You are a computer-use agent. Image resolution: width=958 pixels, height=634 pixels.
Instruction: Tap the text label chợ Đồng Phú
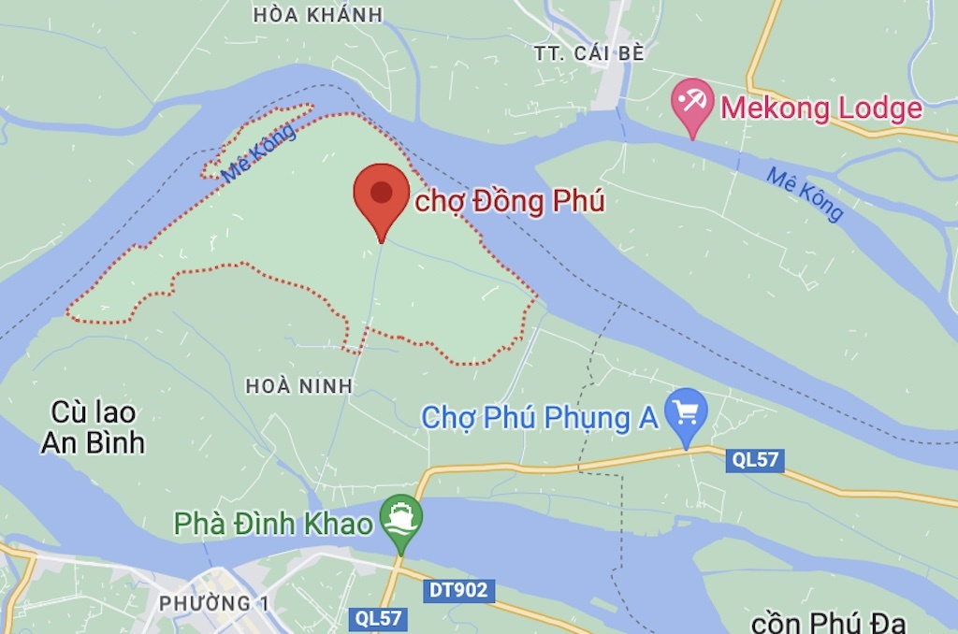tap(510, 201)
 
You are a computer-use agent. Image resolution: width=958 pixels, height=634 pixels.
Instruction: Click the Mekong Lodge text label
tap(820, 108)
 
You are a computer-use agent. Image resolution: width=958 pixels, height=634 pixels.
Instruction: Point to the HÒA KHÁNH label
tap(318, 14)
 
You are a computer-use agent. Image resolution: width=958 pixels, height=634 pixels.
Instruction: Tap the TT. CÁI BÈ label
tap(589, 53)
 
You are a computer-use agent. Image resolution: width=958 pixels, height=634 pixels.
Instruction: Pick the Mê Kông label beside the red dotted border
tap(260, 151)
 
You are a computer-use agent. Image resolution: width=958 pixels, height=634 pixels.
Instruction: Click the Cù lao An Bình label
tap(93, 427)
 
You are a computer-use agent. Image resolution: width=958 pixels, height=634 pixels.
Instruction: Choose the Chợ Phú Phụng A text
tap(540, 418)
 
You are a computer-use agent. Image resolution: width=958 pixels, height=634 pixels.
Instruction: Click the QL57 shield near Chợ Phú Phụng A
tap(755, 459)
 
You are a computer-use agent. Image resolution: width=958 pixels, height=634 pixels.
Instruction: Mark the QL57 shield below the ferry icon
tap(378, 618)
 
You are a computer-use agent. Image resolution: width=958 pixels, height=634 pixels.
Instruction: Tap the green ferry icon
tap(401, 519)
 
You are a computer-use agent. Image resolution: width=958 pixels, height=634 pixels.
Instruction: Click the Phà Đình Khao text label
tap(273, 524)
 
